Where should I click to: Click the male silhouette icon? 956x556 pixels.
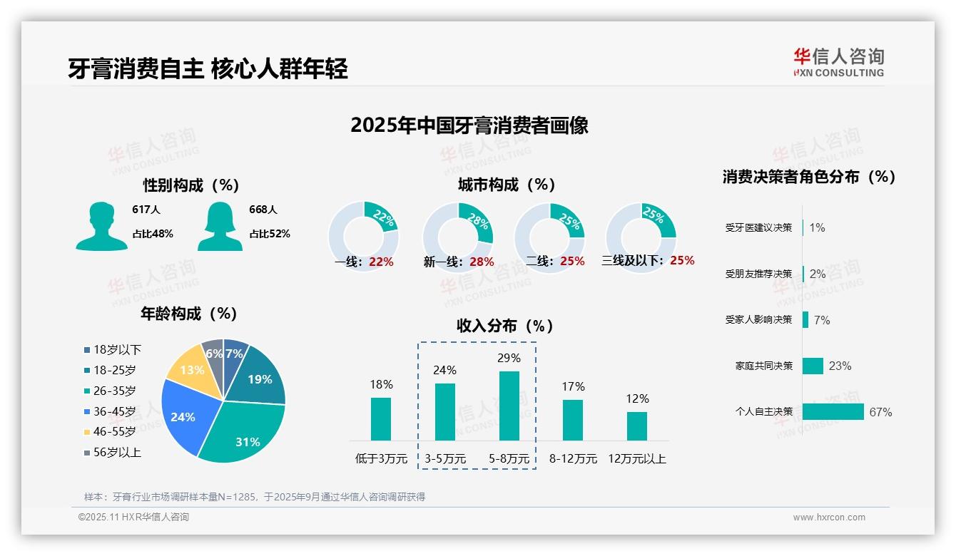(x=102, y=226)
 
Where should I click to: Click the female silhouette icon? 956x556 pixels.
(x=220, y=226)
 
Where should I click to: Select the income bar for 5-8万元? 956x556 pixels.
(x=509, y=406)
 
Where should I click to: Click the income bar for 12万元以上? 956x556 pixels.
(x=636, y=426)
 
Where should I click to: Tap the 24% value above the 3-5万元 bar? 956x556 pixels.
(x=444, y=370)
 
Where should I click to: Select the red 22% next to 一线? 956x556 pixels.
(x=381, y=262)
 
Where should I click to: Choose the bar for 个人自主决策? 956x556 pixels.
(x=833, y=412)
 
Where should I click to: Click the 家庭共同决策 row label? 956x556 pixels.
(x=763, y=366)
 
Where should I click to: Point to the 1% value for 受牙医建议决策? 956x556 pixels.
(x=817, y=227)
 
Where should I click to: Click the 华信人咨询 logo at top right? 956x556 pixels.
(x=838, y=62)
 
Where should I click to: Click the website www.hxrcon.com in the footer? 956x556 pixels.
(x=828, y=518)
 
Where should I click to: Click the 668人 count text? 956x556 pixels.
(x=263, y=210)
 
